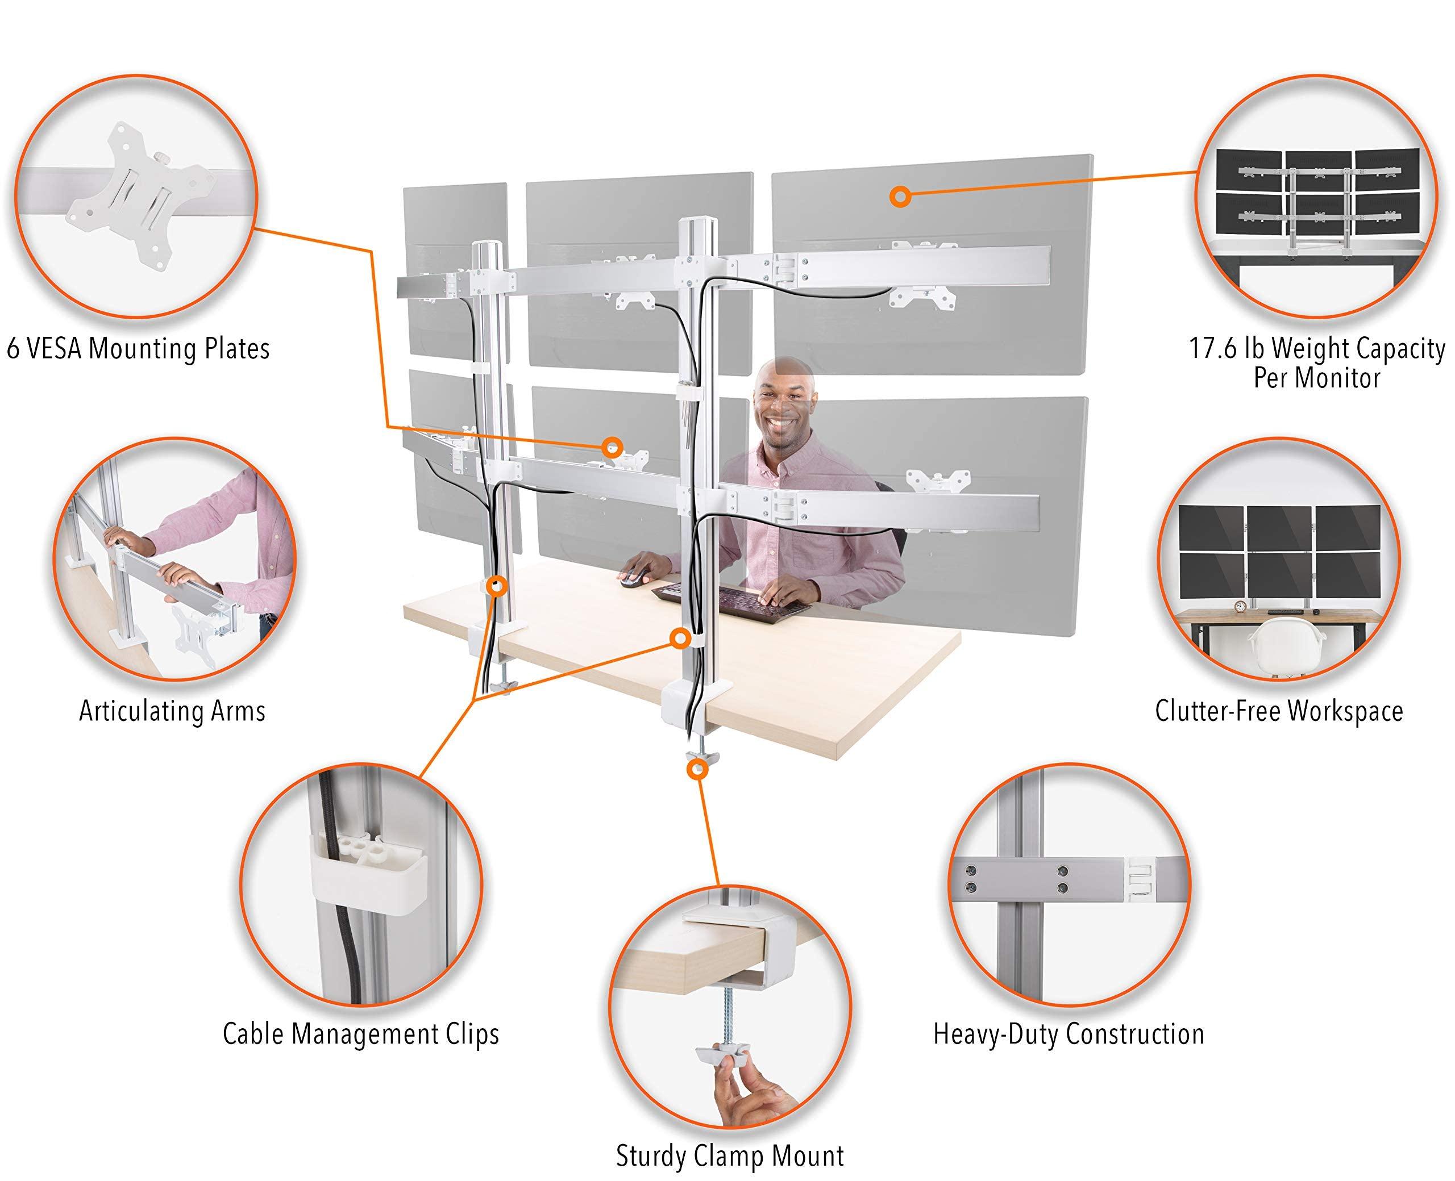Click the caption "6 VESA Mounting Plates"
coord(138,349)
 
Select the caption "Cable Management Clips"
coord(361,1034)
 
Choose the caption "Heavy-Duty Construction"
coord(1069,1034)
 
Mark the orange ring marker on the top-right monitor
coord(900,196)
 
